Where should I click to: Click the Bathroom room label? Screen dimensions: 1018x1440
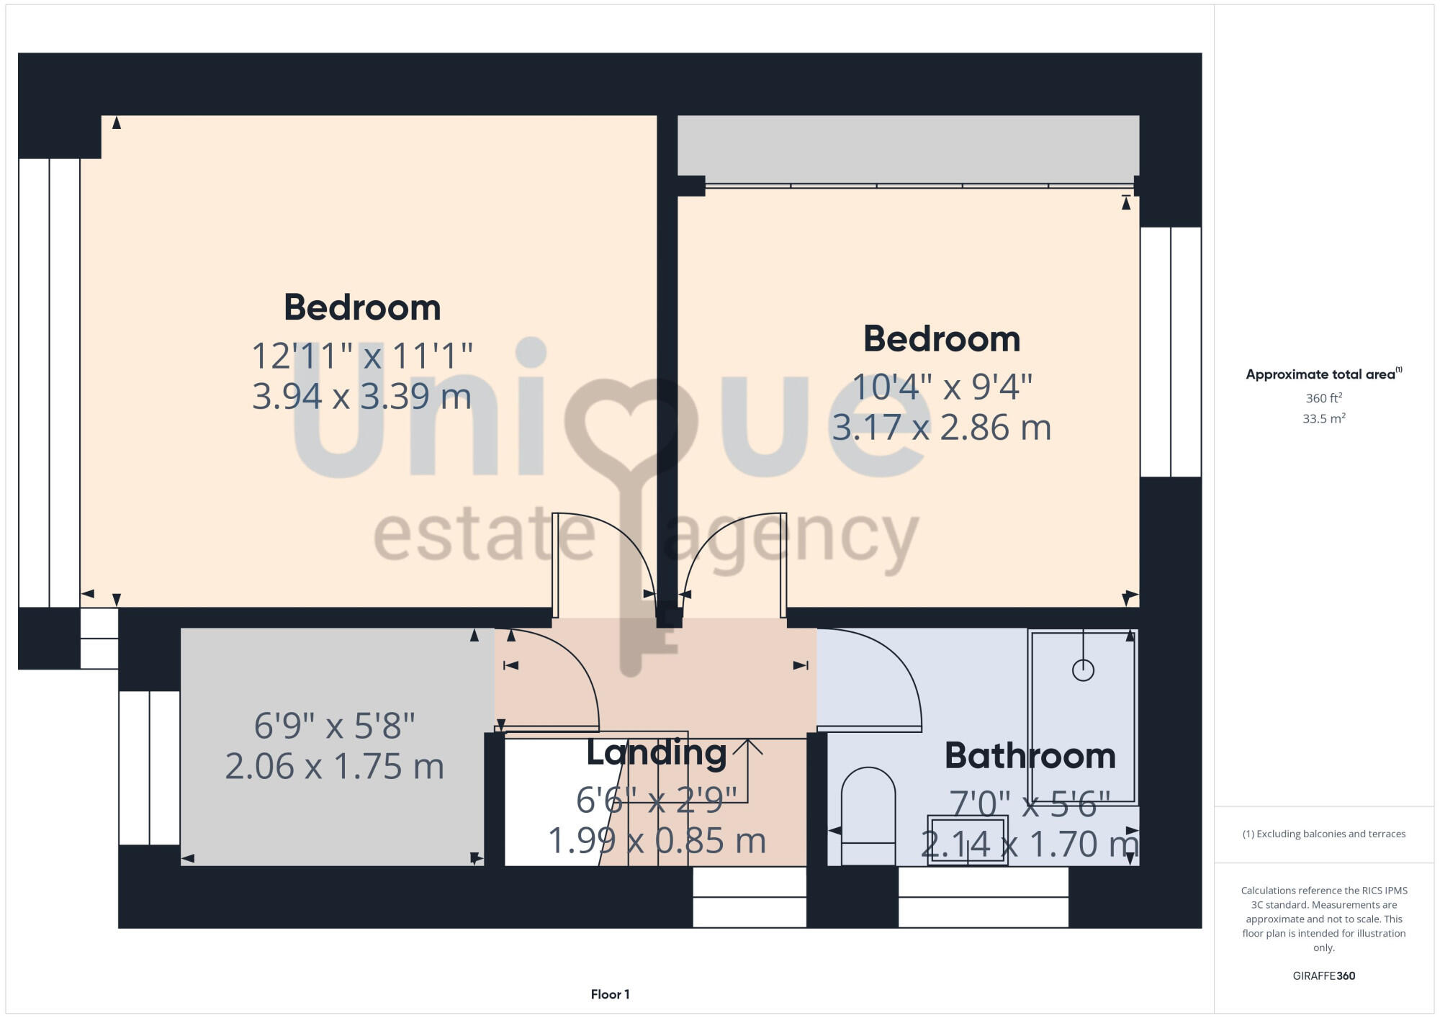[1030, 756]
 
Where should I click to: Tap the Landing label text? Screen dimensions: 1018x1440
[656, 752]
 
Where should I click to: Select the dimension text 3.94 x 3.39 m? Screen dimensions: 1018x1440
[361, 396]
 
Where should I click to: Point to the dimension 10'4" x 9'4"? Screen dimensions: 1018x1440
[942, 387]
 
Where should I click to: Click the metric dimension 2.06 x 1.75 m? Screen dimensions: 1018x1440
[334, 766]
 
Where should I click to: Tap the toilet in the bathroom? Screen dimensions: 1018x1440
[868, 814]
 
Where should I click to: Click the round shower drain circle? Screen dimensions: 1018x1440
[1083, 670]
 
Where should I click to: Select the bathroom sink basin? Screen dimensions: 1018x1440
[967, 839]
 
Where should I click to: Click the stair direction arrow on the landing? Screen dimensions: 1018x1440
[747, 749]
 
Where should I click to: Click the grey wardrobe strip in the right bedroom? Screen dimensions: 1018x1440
[907, 148]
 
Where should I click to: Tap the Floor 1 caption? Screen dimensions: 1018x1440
[610, 994]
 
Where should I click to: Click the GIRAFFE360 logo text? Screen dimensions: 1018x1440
[1323, 976]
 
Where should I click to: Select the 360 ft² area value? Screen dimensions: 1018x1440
[1323, 398]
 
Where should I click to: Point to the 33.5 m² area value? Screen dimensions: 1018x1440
[1323, 418]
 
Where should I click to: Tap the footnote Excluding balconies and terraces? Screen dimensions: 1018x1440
[1323, 834]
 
